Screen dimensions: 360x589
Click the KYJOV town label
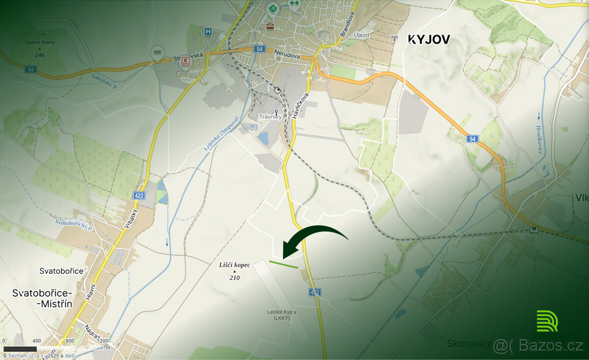point(429,40)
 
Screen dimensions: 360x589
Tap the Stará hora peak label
point(40,43)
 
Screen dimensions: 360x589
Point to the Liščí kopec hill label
point(235,265)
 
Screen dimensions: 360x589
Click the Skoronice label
point(469,343)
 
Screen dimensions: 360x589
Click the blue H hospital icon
point(208,31)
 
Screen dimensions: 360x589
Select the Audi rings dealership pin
point(158,53)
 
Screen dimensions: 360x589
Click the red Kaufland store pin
point(186,61)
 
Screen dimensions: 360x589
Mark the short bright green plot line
point(283,264)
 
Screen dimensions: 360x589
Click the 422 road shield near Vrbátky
point(138,196)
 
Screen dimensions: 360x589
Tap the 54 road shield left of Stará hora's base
point(31,69)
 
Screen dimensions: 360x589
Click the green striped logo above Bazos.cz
point(547,321)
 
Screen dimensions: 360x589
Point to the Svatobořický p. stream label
point(74,225)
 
